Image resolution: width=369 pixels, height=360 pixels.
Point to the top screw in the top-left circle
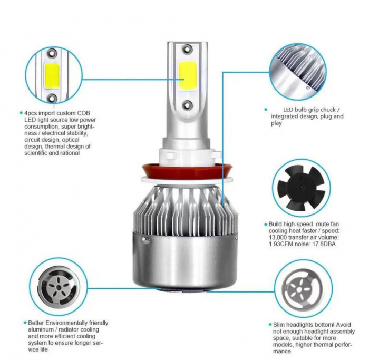(x=52, y=53)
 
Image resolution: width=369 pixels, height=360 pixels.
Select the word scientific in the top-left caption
(x=38, y=153)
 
